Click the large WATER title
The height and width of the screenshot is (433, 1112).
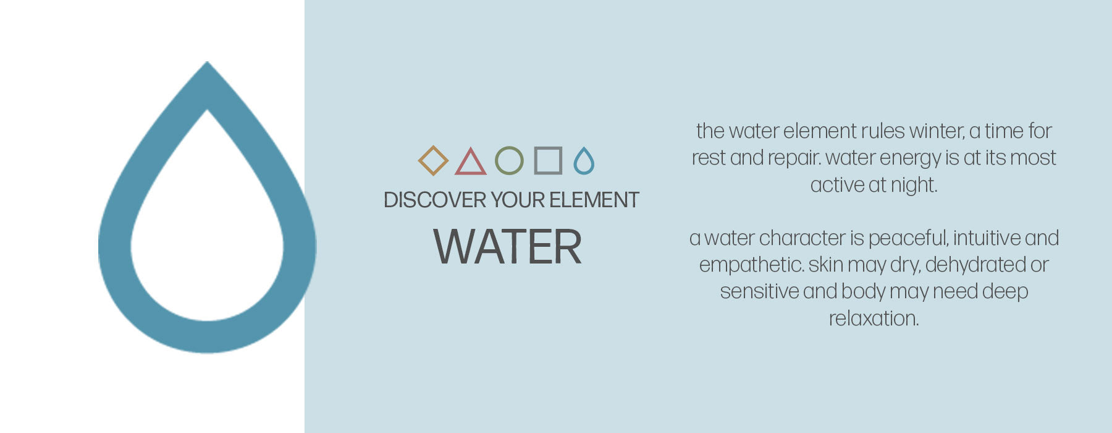507,247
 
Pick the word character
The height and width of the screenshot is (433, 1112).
802,238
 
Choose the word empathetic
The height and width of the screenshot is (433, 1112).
752,265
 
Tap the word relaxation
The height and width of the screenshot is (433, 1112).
874,319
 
